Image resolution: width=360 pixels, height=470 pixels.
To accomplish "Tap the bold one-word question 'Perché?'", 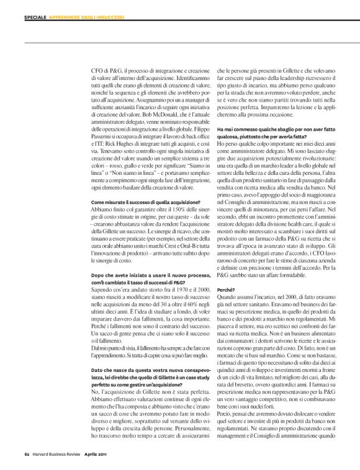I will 225,290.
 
